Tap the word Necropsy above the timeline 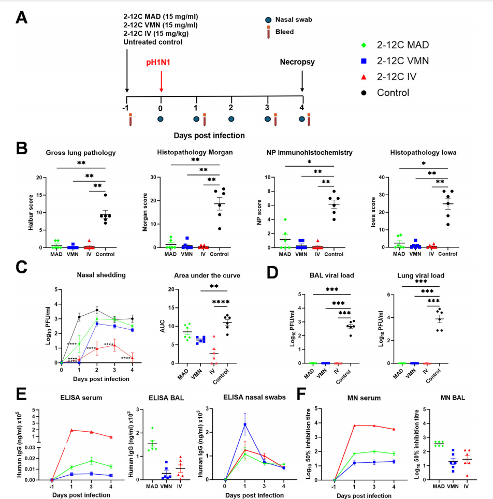point(297,62)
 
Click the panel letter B point(21,149)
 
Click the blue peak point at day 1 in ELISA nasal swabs point(244,424)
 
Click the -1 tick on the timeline point(125,108)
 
